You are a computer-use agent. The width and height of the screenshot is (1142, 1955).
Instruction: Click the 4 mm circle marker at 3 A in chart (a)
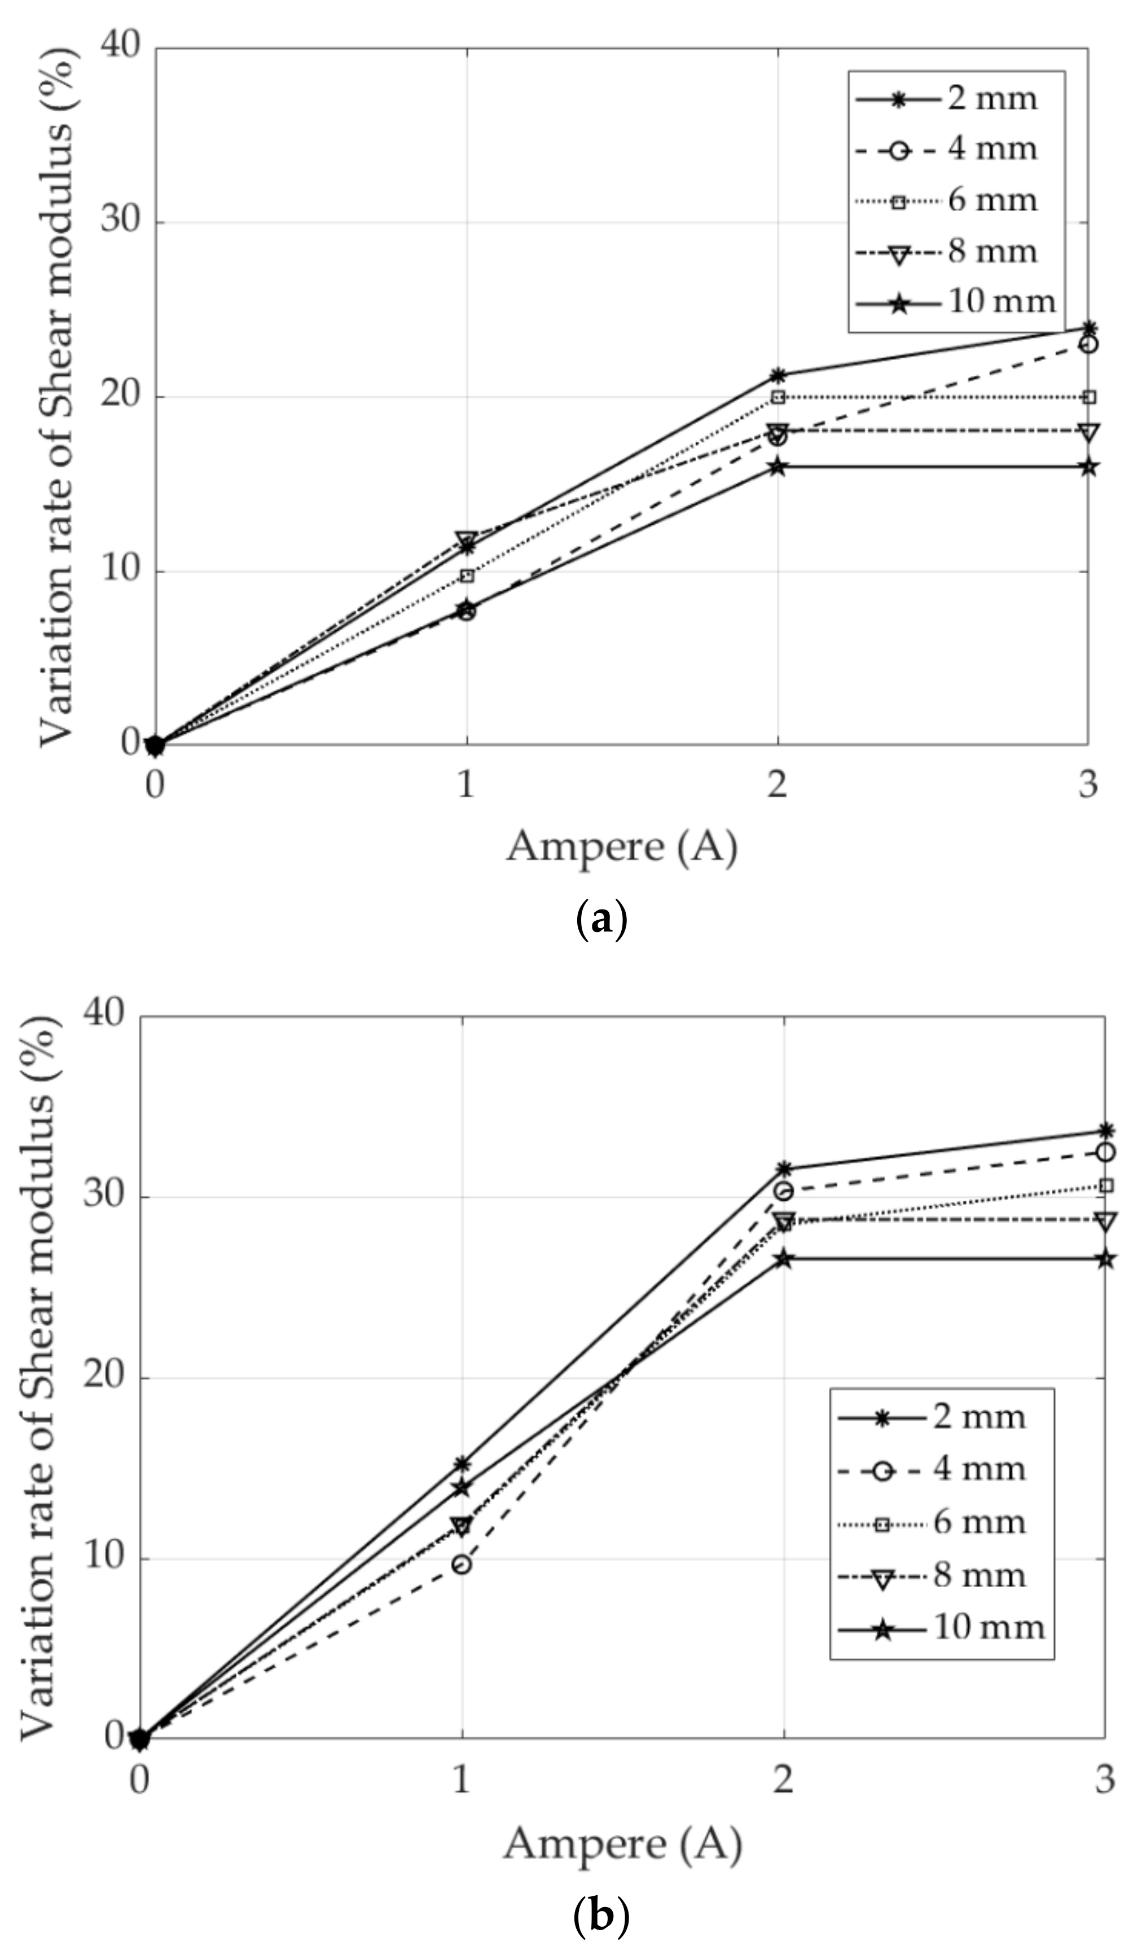(1088, 344)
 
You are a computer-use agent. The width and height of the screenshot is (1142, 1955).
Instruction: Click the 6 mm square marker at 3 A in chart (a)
(1088, 397)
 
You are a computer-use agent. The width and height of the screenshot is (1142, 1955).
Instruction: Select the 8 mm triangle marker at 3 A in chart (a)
(1088, 432)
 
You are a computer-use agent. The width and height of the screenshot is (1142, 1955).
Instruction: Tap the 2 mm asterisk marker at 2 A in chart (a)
(778, 376)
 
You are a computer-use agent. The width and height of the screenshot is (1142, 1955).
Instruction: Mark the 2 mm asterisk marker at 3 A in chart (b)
(1105, 1130)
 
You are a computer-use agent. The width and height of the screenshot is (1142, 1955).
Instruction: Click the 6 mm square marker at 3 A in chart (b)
(1105, 1185)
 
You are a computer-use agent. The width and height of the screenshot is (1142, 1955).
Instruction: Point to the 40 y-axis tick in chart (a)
(121, 46)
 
